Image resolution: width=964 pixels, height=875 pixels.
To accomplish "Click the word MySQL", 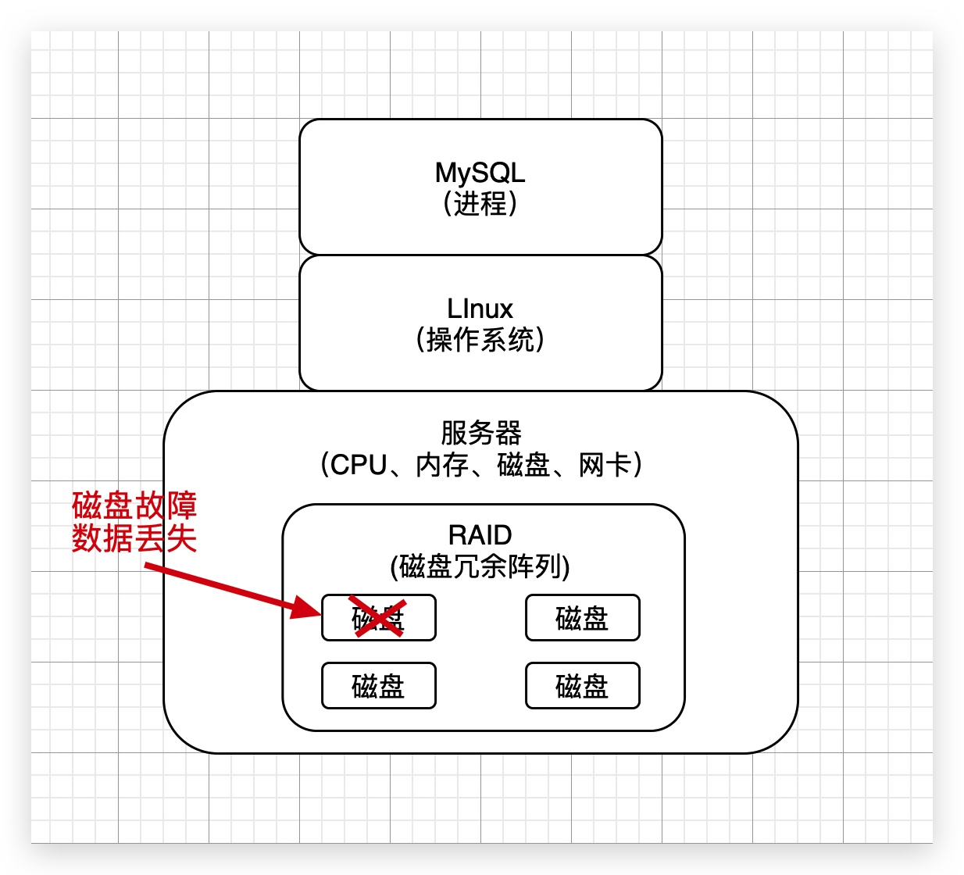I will (x=480, y=173).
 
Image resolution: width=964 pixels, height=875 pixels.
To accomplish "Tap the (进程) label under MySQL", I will (x=480, y=204).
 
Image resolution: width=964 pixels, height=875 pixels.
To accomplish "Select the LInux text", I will (x=480, y=309).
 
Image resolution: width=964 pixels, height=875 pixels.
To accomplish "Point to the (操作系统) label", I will (x=480, y=340).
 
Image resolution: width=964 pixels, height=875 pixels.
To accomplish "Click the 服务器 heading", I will (x=480, y=433).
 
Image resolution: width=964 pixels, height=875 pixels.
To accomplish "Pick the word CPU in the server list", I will (x=359, y=465).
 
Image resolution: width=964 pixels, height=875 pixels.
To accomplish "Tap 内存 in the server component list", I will (x=441, y=465).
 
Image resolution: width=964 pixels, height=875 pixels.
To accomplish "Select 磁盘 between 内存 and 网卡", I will (x=523, y=465).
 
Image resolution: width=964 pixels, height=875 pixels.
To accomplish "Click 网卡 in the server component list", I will (x=605, y=465).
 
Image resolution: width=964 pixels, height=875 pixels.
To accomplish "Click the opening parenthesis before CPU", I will (x=324, y=465).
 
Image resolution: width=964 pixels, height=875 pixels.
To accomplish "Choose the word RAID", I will (x=480, y=535).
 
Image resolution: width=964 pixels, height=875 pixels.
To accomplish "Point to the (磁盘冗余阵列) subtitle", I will (x=480, y=566).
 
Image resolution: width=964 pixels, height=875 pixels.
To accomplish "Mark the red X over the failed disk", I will (x=378, y=616).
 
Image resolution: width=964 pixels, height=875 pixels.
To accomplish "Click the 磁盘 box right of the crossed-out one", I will (x=582, y=618).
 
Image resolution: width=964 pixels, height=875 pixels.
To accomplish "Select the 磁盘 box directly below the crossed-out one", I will (x=378, y=686).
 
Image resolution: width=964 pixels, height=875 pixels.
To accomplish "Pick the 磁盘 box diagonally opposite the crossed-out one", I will (x=582, y=686).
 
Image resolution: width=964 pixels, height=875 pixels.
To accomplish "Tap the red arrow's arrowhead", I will (x=308, y=607).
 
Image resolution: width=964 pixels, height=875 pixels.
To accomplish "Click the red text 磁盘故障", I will (x=134, y=505).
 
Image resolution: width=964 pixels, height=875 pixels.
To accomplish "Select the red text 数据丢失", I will (x=134, y=538).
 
